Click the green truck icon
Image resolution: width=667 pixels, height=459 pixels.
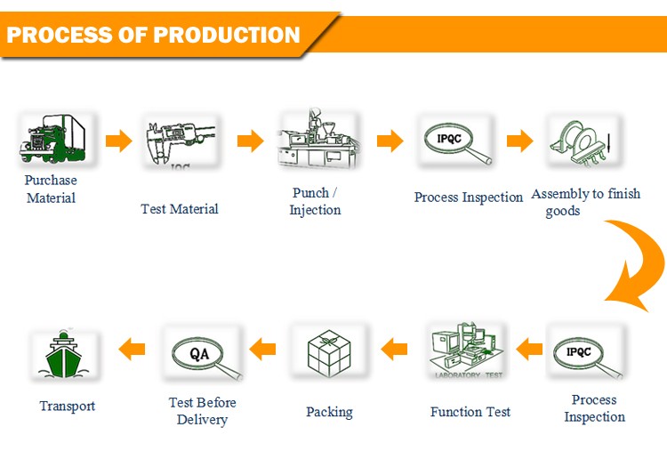click(52, 141)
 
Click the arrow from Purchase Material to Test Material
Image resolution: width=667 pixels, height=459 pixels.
click(117, 141)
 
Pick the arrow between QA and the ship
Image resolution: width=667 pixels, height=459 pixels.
click(132, 349)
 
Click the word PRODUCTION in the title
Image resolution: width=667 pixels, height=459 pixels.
click(227, 36)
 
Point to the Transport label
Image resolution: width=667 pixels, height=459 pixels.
click(67, 406)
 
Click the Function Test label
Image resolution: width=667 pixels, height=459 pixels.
click(470, 411)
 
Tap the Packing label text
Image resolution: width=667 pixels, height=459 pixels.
click(329, 412)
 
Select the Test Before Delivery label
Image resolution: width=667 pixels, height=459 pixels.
click(203, 411)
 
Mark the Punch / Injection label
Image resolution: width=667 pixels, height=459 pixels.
click(315, 201)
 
